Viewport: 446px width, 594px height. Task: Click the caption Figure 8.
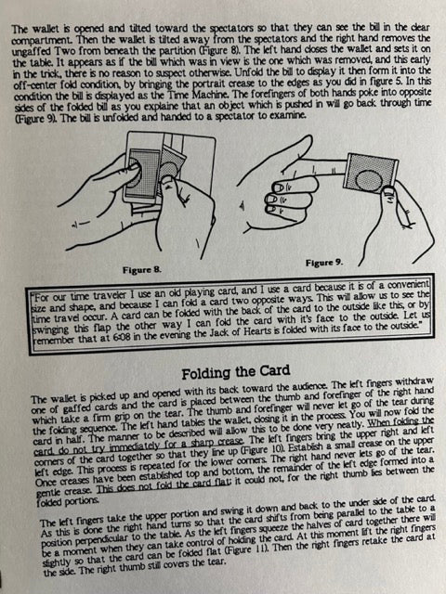click(x=141, y=270)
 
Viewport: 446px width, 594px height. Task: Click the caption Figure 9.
click(x=324, y=263)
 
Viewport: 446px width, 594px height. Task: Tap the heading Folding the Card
click(x=235, y=372)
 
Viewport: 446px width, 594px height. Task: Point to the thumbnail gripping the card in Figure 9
click(x=388, y=189)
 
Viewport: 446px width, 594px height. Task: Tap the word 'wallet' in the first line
click(x=43, y=29)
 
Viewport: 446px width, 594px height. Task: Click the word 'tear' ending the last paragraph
click(x=216, y=561)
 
